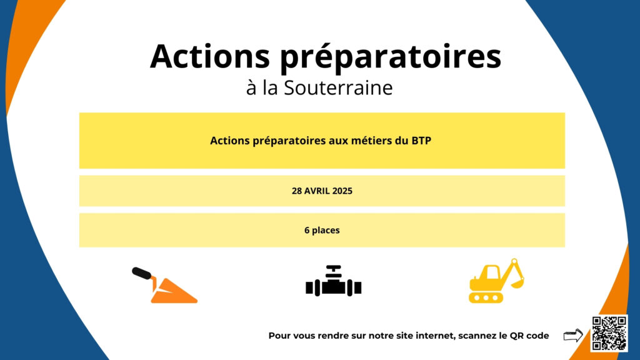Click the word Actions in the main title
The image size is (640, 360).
pyautogui.click(x=210, y=56)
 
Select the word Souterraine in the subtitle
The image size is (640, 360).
pyautogui.click(x=338, y=87)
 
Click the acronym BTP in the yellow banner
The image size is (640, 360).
pyautogui.click(x=421, y=141)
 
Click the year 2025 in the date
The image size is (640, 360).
pyautogui.click(x=342, y=191)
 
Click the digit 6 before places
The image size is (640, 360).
pyautogui.click(x=307, y=230)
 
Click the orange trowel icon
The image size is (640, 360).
pyautogui.click(x=164, y=285)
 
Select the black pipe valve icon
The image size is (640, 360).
pyautogui.click(x=334, y=281)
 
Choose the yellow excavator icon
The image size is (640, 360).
pyautogui.click(x=496, y=281)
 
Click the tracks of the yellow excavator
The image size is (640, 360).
pyautogui.click(x=486, y=297)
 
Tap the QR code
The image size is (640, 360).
pyautogui.click(x=609, y=333)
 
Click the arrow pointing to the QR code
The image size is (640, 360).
pyautogui.click(x=573, y=336)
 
